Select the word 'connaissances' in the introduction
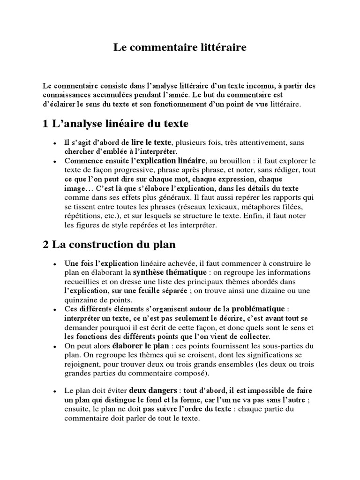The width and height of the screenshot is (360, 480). pos(64,94)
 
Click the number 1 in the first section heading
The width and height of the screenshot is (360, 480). pos(45,124)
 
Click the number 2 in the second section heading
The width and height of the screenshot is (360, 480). pos(45,245)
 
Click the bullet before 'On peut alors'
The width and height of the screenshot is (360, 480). pos(55,346)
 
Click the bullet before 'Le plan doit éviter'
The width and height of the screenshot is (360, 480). pos(55,391)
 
